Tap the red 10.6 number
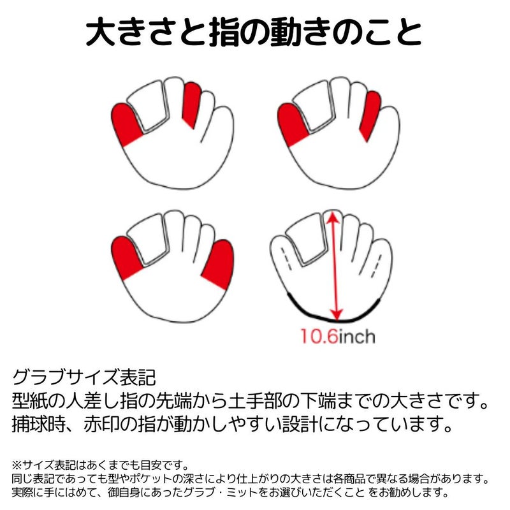coord(319,336)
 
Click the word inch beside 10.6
coord(357,336)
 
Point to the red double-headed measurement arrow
coord(334,265)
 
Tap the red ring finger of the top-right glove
coord(370,115)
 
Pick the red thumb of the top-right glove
coord(291,124)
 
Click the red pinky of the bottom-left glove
coord(219,263)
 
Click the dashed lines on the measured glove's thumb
coord(286,259)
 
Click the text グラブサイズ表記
coord(84,377)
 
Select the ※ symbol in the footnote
coord(17,465)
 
